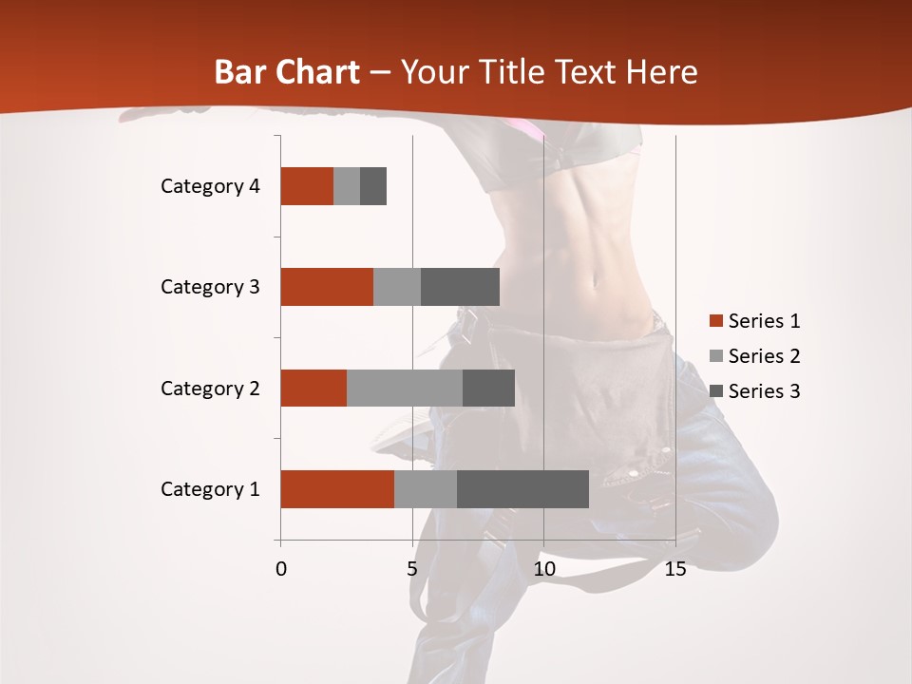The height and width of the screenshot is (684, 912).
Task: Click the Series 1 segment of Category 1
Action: click(x=337, y=489)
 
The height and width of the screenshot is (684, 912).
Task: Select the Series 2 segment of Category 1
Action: click(x=426, y=489)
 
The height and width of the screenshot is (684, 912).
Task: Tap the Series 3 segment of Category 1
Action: click(x=522, y=489)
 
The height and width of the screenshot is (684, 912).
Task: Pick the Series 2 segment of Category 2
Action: click(x=405, y=388)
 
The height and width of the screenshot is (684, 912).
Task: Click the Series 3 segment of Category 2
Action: click(x=488, y=388)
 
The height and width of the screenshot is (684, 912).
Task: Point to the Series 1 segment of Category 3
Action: click(x=327, y=287)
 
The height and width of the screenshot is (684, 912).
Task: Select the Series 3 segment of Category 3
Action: click(x=460, y=287)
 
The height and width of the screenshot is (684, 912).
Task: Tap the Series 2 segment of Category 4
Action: click(x=347, y=186)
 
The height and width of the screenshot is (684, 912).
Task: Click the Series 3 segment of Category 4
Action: click(x=373, y=186)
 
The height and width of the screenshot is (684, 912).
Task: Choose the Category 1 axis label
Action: click(x=210, y=489)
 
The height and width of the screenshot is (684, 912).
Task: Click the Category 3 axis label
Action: click(x=210, y=287)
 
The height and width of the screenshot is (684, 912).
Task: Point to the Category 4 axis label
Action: click(x=210, y=186)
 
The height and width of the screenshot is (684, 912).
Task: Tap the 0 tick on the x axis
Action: click(x=281, y=569)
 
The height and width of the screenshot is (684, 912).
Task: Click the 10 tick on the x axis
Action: click(x=543, y=569)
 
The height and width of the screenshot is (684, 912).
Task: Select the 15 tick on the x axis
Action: click(x=675, y=569)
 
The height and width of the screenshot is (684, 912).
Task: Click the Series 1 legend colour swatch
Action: click(x=716, y=321)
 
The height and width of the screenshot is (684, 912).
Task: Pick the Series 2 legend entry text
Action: click(x=764, y=356)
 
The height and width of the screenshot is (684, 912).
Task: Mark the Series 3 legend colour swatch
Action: click(x=716, y=391)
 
